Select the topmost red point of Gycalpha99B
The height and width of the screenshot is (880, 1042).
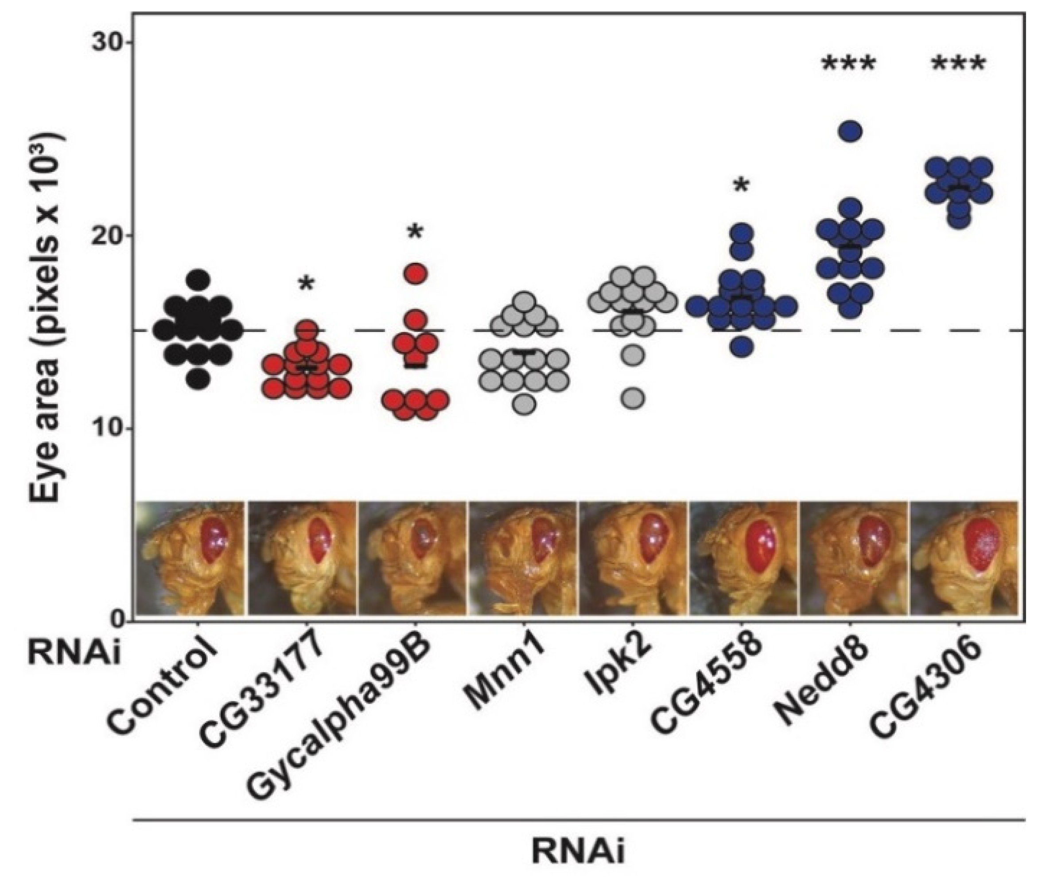[x=416, y=273]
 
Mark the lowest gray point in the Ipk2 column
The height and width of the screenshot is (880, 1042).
[x=633, y=398]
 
